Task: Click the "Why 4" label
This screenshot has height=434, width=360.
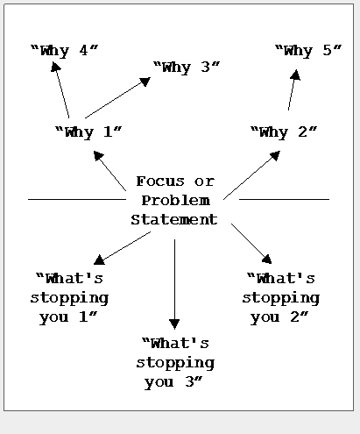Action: pos(65,50)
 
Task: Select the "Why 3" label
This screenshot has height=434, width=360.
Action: pos(187,67)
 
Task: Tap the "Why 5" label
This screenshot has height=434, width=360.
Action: pos(308,51)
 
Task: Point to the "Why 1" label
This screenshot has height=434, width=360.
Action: pos(88,132)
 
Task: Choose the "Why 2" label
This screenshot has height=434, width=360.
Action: pos(284,132)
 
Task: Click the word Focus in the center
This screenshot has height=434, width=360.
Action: pos(160,181)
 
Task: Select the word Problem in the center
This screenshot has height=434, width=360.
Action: pos(176,201)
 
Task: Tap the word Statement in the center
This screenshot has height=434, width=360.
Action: pos(174,219)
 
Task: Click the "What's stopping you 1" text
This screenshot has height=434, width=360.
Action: pos(69,298)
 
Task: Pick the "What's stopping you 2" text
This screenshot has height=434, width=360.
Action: pos(281,298)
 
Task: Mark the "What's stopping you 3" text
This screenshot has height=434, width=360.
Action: pos(175,363)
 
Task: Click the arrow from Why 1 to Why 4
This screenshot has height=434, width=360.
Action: pos(60,90)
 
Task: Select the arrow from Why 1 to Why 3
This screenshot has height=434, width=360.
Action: pos(117,97)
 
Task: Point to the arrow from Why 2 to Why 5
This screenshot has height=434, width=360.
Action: pos(293,90)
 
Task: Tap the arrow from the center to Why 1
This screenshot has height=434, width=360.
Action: pos(109,171)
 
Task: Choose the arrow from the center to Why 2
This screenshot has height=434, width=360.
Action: pos(251,175)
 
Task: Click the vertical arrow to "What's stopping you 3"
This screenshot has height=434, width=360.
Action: pos(174,284)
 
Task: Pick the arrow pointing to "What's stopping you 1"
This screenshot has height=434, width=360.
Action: pos(122,248)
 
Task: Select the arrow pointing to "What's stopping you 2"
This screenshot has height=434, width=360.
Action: pos(251,244)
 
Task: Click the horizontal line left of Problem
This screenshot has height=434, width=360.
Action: pos(77,200)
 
